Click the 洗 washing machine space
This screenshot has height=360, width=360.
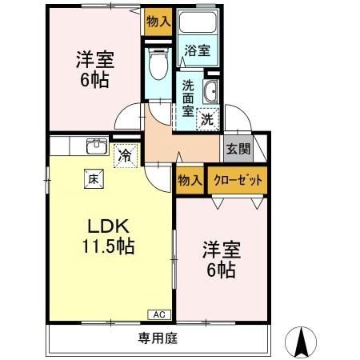coord(207,119)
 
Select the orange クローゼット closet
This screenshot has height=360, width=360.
coord(238,180)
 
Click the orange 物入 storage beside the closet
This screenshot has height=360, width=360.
coord(190,181)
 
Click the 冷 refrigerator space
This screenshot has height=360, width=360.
coord(124,154)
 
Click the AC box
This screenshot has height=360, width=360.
coord(158,315)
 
